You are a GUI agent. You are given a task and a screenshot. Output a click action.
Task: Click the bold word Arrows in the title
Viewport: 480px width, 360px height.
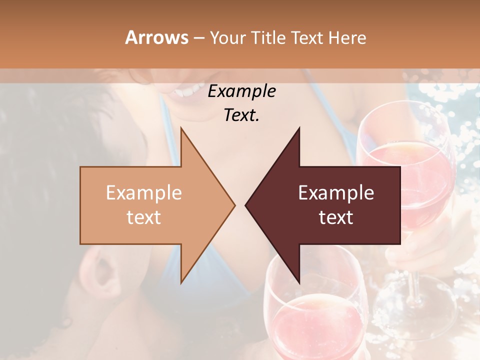[x=156, y=37]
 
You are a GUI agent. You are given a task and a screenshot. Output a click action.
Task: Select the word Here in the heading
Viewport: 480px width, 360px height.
[x=347, y=37]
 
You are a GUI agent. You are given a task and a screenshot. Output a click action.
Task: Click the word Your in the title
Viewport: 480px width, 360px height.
[x=227, y=37]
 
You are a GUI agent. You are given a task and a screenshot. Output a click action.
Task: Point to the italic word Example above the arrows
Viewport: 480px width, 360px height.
[x=242, y=91]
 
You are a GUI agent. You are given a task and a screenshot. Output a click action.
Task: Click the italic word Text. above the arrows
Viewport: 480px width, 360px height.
[x=242, y=115]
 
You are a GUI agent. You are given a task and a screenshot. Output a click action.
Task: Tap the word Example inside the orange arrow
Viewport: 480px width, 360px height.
[x=144, y=193]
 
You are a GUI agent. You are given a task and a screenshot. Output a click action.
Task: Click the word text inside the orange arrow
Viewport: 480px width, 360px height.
[x=144, y=217]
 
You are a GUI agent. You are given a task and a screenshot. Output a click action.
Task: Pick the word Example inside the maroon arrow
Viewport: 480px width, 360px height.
[x=336, y=193]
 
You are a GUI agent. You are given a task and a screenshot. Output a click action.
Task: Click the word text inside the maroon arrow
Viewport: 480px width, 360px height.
[x=336, y=217]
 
